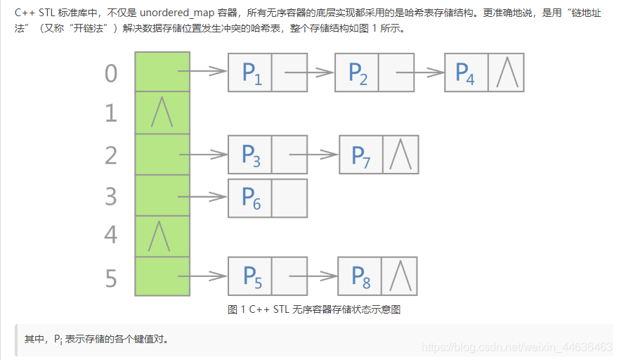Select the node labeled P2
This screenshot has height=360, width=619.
[358, 72]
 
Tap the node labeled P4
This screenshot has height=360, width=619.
[466, 72]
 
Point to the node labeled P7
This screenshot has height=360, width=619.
[361, 155]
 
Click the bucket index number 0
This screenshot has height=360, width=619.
[111, 73]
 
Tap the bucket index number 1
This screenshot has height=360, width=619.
[111, 113]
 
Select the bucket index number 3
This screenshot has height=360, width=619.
[111, 196]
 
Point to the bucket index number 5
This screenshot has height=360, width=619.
[111, 278]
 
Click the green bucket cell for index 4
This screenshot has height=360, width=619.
[162, 236]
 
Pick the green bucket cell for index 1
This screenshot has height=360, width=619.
[162, 112]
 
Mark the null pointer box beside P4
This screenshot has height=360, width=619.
[506, 72]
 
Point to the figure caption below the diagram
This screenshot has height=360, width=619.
[314, 309]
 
